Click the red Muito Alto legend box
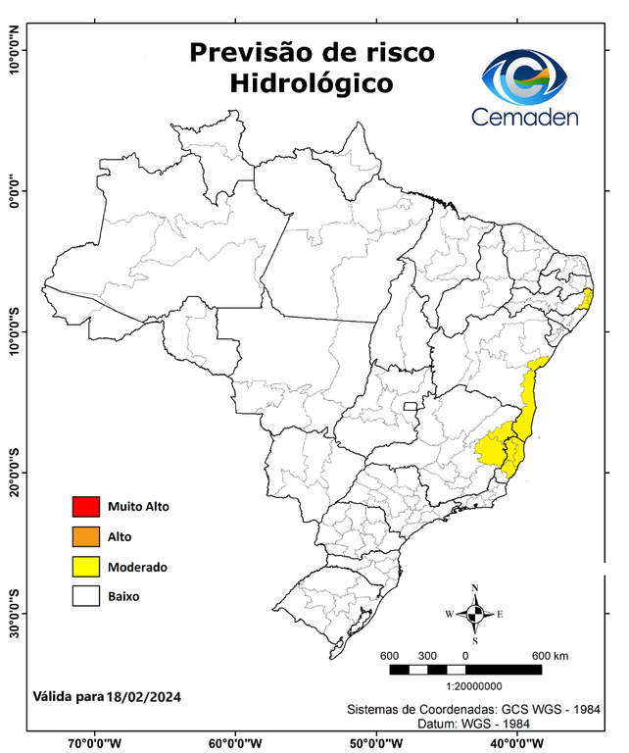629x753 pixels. tap(86, 507)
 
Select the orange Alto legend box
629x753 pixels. tap(86, 536)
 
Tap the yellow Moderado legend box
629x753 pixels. tap(86, 566)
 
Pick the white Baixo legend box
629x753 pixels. tap(86, 595)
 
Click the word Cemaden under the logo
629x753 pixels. tap(525, 118)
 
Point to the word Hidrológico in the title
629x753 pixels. tap(312, 84)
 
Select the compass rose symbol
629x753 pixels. tap(474, 614)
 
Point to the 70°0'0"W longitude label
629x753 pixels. tap(94, 742)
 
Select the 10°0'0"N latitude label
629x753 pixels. tap(14, 51)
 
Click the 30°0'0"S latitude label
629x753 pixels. tap(14, 614)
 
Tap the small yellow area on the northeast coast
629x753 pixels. tap(587, 298)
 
